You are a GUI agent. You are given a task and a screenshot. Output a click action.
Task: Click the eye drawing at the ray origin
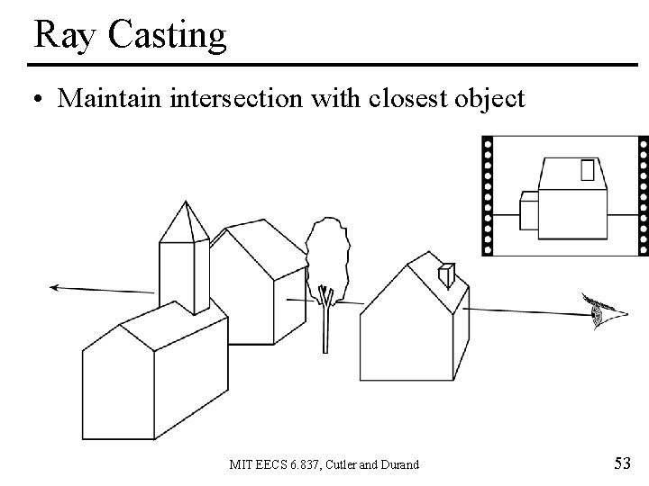[599, 311]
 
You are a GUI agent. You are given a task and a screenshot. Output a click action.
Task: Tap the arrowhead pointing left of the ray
[56, 287]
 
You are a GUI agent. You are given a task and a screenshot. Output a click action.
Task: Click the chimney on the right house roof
[445, 274]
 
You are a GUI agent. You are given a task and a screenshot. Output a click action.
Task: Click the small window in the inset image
[589, 170]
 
